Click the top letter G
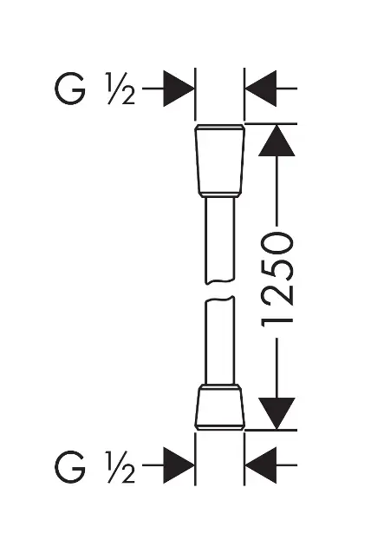(70, 89)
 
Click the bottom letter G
(70, 466)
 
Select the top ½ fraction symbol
(120, 89)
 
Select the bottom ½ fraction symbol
(120, 467)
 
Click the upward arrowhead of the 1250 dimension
(277, 141)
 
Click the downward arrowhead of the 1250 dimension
(277, 413)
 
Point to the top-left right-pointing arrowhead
(179, 89)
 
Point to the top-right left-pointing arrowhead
(261, 89)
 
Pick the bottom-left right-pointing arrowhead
(179, 465)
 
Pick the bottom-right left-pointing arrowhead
(261, 465)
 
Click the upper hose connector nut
(219, 160)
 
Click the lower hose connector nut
(219, 406)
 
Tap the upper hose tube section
(219, 240)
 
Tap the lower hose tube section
(219, 340)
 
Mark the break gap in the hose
(219, 290)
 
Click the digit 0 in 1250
(277, 244)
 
